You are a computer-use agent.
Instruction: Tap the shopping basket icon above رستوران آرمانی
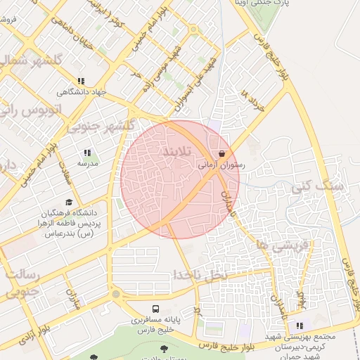[222, 153]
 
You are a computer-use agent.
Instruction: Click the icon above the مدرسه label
[87, 153]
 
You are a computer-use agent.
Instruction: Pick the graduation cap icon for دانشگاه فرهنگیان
[68, 202]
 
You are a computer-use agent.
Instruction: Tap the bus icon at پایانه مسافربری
[155, 309]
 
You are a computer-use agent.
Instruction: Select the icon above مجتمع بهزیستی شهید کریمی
[300, 326]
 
